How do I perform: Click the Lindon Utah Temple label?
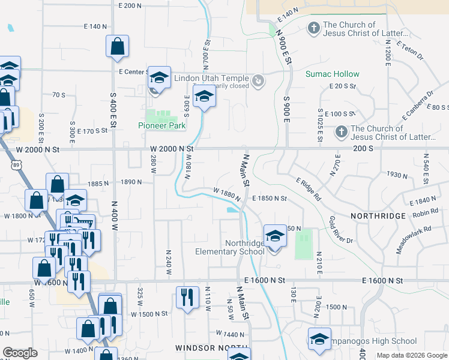click(x=211, y=79)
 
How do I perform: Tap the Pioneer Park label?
click(x=161, y=125)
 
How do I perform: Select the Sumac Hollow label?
click(x=332, y=74)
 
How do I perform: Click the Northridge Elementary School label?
click(x=230, y=247)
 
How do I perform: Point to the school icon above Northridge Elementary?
click(x=275, y=236)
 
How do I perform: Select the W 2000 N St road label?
click(x=172, y=148)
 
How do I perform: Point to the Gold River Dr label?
click(x=340, y=229)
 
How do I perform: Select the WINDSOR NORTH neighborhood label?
click(x=211, y=348)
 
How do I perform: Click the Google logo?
click(x=20, y=353)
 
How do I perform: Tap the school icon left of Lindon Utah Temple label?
click(x=159, y=77)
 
